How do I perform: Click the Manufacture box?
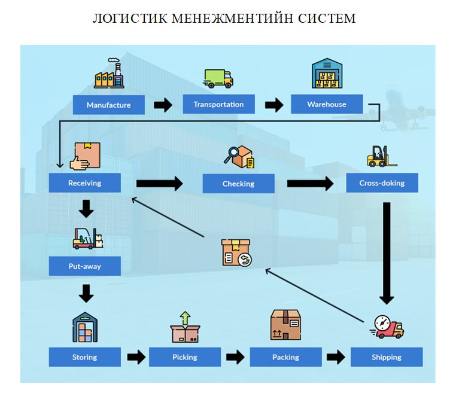tap(108, 105)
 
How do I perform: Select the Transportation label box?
tap(218, 104)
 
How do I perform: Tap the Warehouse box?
tap(327, 104)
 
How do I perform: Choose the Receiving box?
tap(84, 183)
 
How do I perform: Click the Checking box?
tap(238, 184)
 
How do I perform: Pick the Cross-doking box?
tap(382, 183)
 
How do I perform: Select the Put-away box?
tap(84, 266)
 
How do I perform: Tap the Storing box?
tap(84, 357)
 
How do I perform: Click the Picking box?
tap(184, 357)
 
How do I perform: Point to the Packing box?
tap(285, 357)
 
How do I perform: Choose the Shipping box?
tap(386, 357)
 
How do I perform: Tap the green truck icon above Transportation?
tap(218, 78)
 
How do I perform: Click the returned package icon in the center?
tap(235, 252)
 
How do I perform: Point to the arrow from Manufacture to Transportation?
tap(163, 105)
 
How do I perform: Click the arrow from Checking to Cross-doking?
tap(310, 183)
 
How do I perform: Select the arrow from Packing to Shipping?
tap(336, 357)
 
